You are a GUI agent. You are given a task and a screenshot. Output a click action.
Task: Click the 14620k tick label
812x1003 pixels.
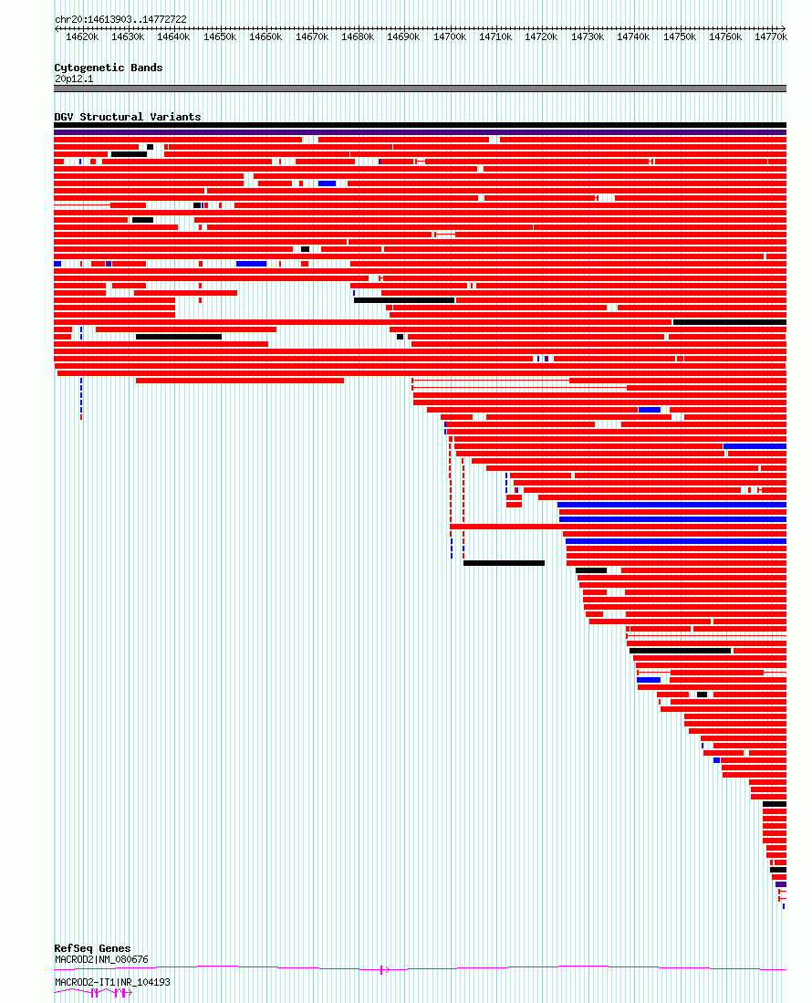click(82, 37)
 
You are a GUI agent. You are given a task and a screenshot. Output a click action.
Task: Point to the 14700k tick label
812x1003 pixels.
click(450, 37)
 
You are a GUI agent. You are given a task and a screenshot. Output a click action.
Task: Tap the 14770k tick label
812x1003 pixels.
click(771, 37)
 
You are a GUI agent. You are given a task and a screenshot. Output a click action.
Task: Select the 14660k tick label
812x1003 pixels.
click(265, 37)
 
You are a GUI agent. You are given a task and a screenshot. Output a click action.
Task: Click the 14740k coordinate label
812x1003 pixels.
click(633, 37)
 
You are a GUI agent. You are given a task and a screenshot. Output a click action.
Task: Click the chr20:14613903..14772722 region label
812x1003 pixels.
click(120, 20)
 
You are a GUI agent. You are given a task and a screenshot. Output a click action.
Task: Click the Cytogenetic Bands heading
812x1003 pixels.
click(108, 68)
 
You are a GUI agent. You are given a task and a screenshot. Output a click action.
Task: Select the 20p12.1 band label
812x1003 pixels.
click(74, 79)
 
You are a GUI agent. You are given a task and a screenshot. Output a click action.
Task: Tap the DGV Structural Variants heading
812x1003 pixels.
click(127, 117)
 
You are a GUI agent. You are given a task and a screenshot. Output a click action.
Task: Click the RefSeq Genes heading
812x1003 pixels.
click(92, 948)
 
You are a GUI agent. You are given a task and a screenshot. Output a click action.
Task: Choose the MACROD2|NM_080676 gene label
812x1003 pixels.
click(101, 960)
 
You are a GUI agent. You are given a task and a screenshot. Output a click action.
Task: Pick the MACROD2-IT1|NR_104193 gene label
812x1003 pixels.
click(112, 983)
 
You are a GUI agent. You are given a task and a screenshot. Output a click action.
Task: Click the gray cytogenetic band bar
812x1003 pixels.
click(420, 89)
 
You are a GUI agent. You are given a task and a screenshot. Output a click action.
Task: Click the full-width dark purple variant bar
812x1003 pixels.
click(420, 132)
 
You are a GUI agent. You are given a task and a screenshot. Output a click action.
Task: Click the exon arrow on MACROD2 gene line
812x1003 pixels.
click(384, 970)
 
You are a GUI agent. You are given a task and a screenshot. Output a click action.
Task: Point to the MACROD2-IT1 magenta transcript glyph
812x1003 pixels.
click(93, 993)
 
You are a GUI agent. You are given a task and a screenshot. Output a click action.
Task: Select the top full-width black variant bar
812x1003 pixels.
click(420, 125)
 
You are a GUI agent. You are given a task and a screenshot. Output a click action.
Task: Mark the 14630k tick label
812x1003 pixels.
click(128, 37)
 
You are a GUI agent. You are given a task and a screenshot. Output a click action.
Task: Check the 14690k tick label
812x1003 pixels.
click(403, 37)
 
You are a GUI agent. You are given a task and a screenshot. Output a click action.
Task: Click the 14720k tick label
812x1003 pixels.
click(541, 37)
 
